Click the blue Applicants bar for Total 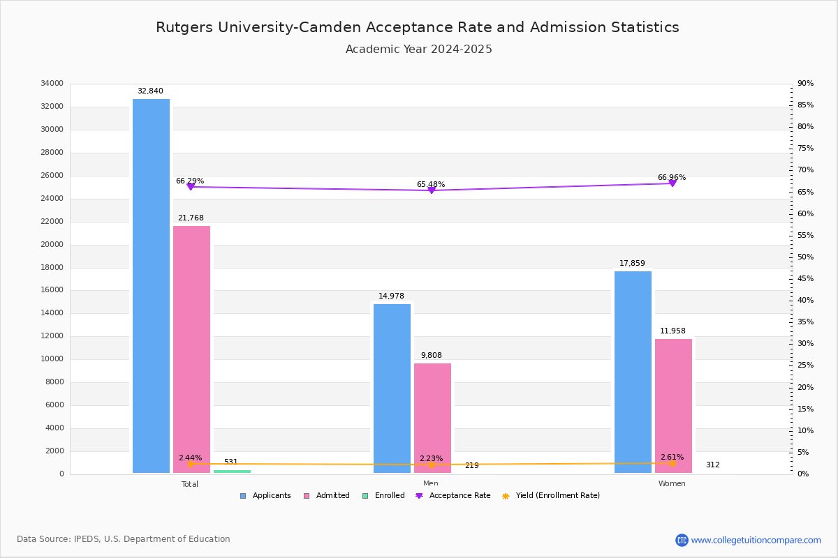coord(151,286)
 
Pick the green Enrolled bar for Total coord(232,472)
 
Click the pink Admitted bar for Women coord(673,406)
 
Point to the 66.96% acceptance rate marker coord(672,183)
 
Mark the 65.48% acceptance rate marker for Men coord(431,190)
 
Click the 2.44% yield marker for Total coord(190,464)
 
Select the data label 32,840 coord(150,91)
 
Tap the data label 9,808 coord(431,356)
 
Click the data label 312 coord(712,465)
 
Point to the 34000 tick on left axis coord(52,84)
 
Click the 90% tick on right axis coord(805,84)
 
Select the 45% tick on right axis coord(805,279)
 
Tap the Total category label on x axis coord(190,484)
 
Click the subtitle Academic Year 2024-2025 coord(418,50)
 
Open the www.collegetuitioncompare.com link coord(756,540)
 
